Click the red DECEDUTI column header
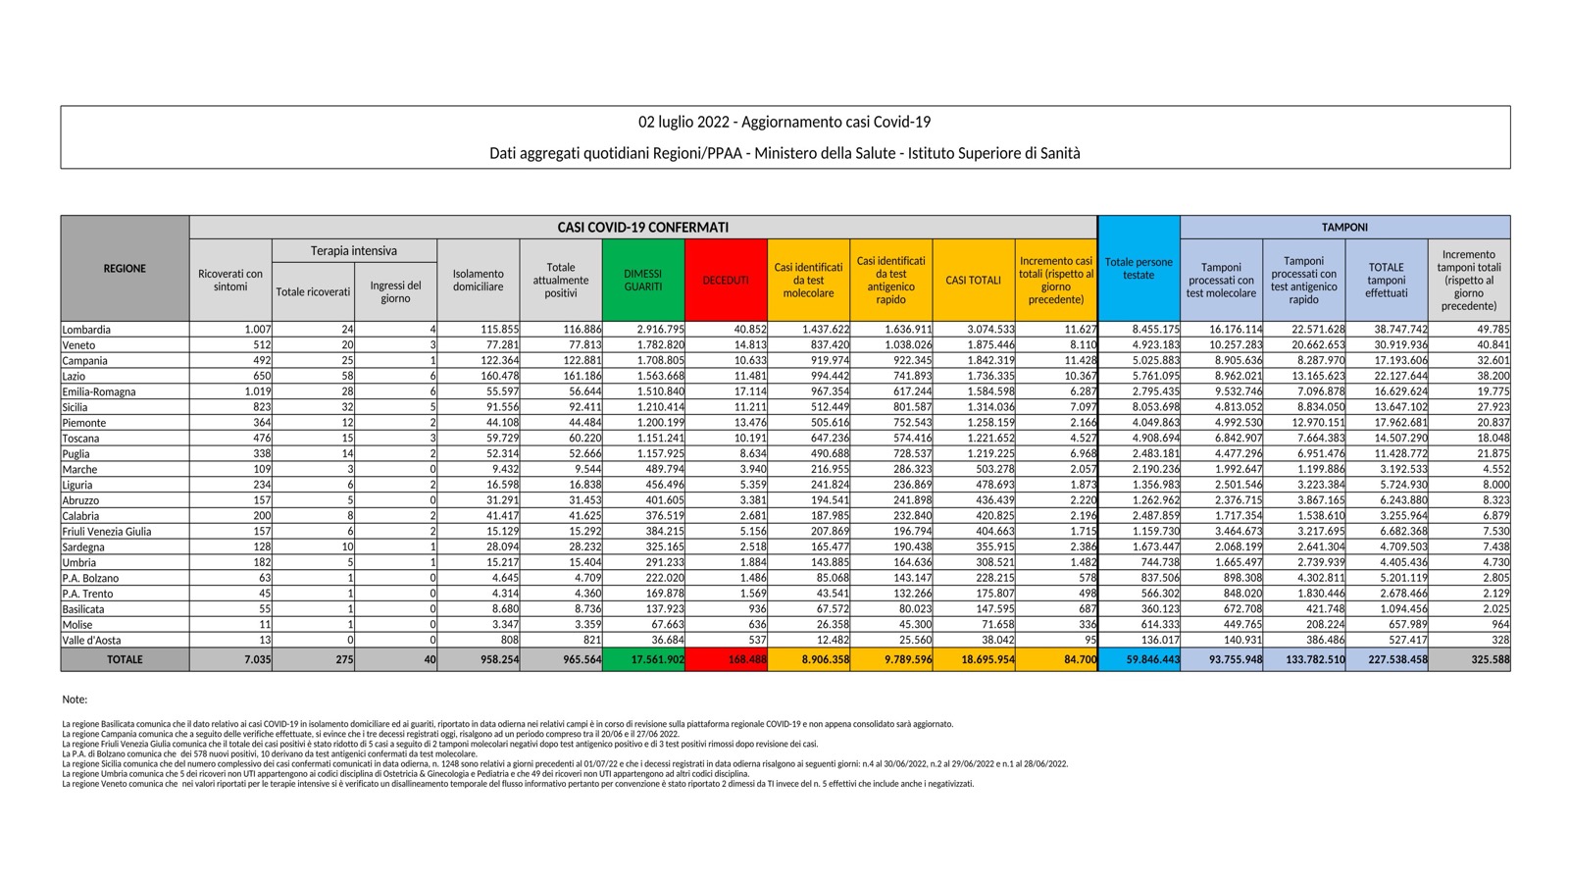tap(726, 281)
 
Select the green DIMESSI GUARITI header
tap(643, 281)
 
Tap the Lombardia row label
tap(86, 330)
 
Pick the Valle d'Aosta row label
tap(91, 640)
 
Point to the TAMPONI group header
tap(1344, 228)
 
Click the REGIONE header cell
tap(125, 269)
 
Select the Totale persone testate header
tap(1139, 269)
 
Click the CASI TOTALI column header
tap(973, 281)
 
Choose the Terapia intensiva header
tap(354, 251)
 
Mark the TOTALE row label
tap(125, 660)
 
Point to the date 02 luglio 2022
tap(683, 123)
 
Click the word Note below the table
tap(75, 700)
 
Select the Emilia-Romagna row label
tap(99, 391)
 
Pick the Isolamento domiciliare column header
tap(479, 281)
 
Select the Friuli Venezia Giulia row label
tap(107, 532)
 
